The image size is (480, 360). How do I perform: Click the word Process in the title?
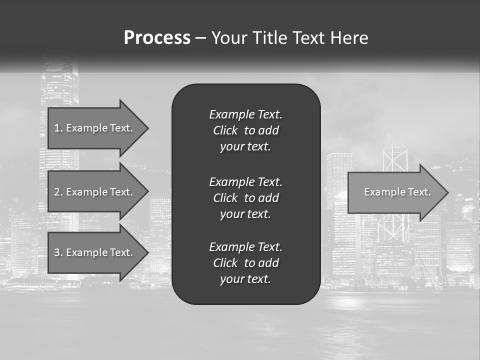click(x=157, y=38)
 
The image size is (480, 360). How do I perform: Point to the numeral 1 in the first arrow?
click(x=57, y=128)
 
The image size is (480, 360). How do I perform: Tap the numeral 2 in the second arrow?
click(x=57, y=192)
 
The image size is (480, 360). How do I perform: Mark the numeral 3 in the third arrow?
click(x=57, y=252)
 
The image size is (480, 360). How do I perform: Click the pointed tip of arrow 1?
click(x=146, y=128)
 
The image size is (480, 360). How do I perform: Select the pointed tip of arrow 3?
click(x=146, y=252)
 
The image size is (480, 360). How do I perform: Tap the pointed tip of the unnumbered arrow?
click(x=446, y=192)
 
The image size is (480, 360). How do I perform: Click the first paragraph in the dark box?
click(x=245, y=130)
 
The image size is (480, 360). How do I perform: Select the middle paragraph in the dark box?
click(x=245, y=198)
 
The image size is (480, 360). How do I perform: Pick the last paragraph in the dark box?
click(x=245, y=263)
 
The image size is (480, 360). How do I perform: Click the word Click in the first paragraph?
click(x=225, y=130)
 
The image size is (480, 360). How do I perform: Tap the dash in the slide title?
click(x=200, y=38)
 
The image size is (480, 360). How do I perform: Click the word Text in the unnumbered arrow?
click(x=419, y=192)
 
